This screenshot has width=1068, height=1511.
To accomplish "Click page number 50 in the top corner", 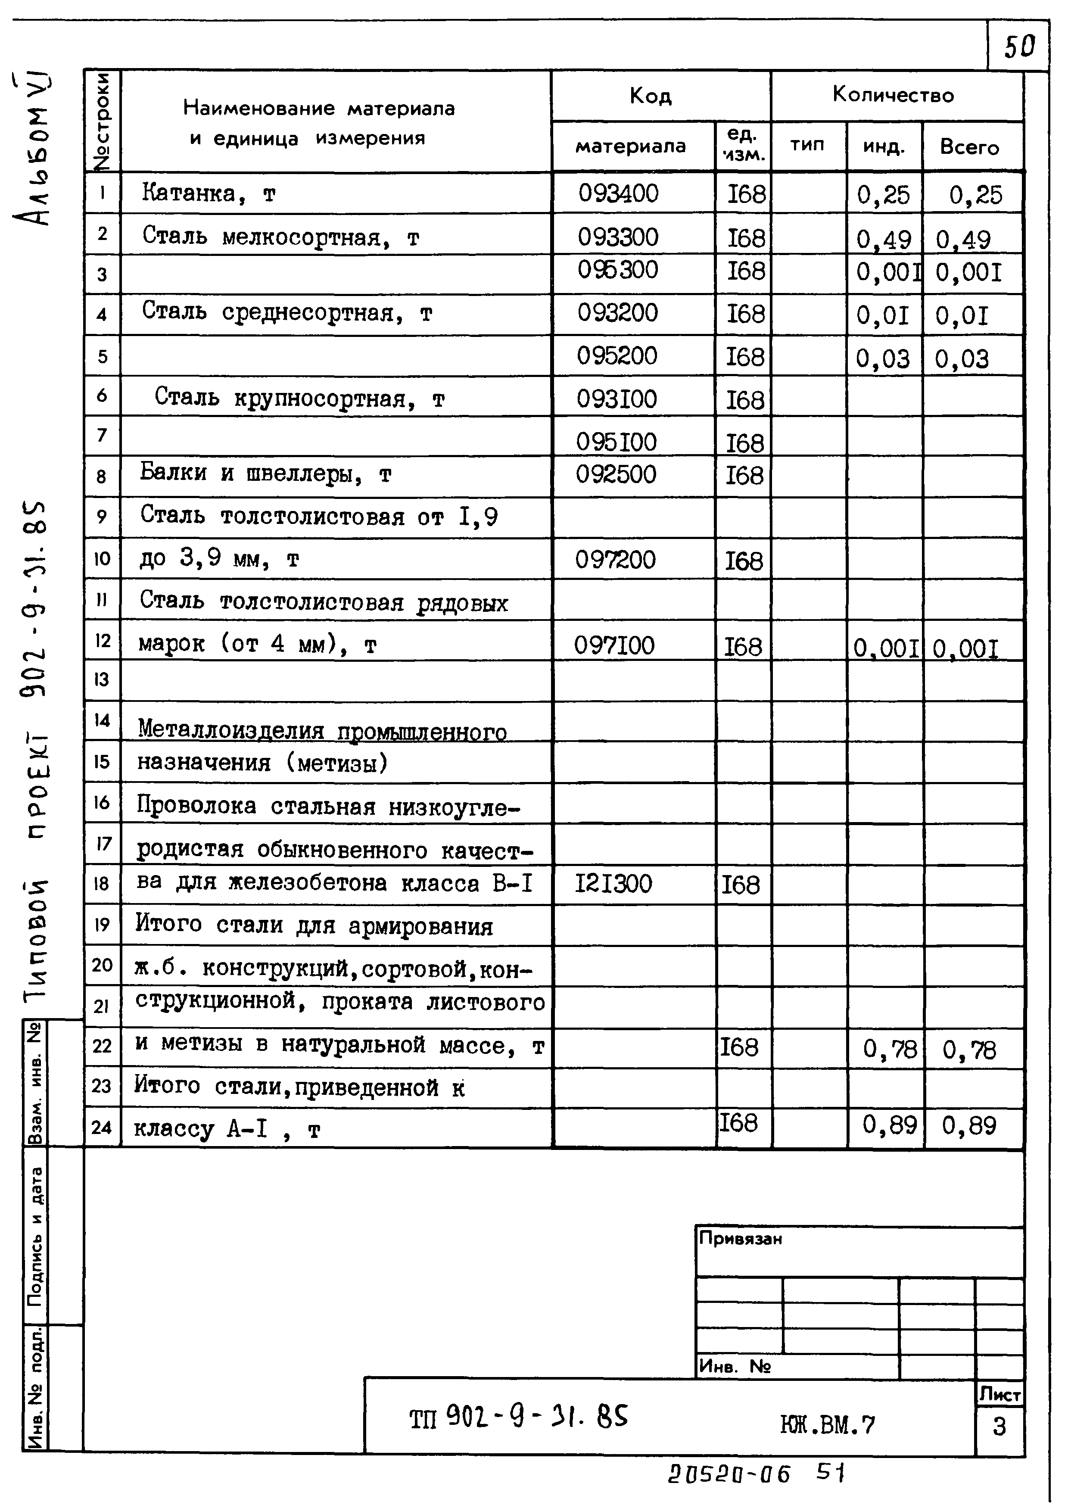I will point(1018,46).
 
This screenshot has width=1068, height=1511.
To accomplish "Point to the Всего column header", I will point(969,147).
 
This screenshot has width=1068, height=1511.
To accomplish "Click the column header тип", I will point(807,145).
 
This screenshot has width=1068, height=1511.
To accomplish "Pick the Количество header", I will point(893,95).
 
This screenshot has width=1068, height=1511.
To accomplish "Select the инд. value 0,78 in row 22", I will point(889,1049).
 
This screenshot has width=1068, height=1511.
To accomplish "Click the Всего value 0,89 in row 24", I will point(968,1125).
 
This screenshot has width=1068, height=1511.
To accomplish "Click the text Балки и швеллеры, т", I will point(265,473).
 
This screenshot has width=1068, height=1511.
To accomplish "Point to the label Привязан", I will point(740,1239).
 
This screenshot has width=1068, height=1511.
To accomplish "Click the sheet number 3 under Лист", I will point(999,1426).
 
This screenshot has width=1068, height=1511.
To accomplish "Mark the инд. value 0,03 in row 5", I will point(882,358).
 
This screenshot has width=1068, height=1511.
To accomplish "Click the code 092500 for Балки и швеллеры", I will point(616,474).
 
